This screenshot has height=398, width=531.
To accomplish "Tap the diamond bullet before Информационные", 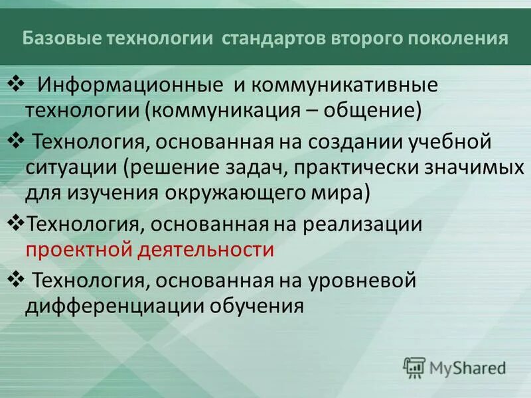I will pyautogui.click(x=15, y=84).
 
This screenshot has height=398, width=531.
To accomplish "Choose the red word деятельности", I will pyautogui.click(x=205, y=249).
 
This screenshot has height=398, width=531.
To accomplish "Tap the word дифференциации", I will pyautogui.click(x=115, y=306).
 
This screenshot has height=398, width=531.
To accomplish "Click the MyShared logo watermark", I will pyautogui.click(x=455, y=366).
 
